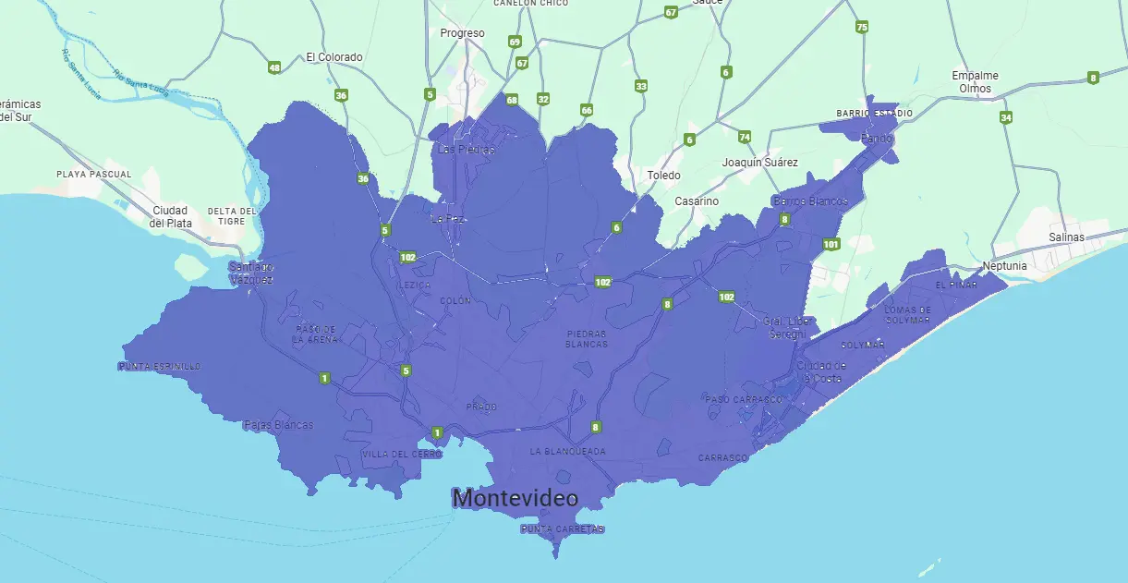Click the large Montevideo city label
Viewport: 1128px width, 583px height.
tap(515, 499)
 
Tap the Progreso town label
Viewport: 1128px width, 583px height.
tap(462, 33)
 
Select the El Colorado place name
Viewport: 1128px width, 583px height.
tap(334, 57)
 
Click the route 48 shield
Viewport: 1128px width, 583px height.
tap(274, 67)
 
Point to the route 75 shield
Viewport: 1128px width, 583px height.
tap(862, 27)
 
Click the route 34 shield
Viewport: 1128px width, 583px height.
tap(1006, 117)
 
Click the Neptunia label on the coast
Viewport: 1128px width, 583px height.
tap(1004, 266)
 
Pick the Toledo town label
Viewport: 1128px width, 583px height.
tap(663, 176)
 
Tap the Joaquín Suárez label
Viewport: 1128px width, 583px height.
tap(759, 163)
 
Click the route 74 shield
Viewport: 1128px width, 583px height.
tap(745, 137)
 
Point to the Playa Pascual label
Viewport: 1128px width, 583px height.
tap(93, 174)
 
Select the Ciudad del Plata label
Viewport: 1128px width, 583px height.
tap(171, 216)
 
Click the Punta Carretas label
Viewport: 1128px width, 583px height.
tap(562, 529)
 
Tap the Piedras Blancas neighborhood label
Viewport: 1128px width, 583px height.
tap(587, 338)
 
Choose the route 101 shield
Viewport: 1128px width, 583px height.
tap(831, 244)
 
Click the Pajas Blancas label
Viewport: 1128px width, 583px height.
tap(278, 426)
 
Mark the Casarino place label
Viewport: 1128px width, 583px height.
tap(697, 201)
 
